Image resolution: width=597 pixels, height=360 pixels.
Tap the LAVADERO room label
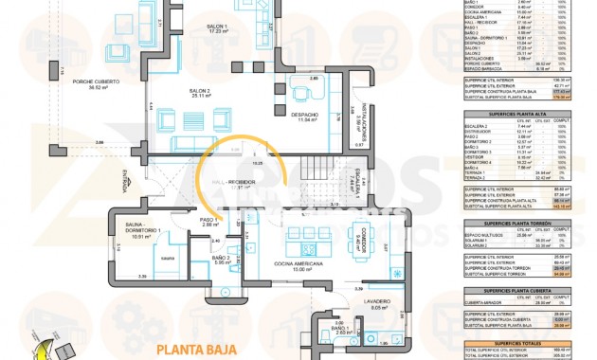pyautogui.click(x=379, y=305)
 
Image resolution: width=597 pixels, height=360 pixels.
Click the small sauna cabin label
pyautogui.click(x=167, y=258)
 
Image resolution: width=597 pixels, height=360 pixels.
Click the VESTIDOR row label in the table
pyautogui.click(x=480, y=156)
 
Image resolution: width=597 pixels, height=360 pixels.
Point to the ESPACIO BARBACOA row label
pyautogui.click(x=485, y=68)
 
